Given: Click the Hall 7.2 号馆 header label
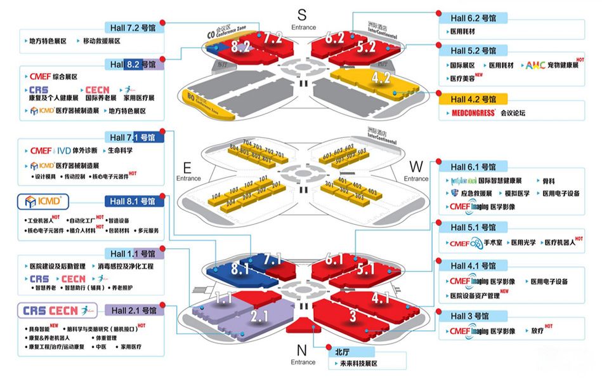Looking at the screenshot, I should click(133, 28).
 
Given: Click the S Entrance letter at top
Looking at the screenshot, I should click(302, 15).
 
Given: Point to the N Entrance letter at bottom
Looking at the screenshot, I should click(302, 350).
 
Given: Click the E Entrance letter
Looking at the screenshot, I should click(187, 168).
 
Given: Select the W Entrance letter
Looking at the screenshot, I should click(416, 166).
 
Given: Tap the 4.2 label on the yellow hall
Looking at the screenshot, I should click(381, 78).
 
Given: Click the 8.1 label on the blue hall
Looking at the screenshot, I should click(240, 269).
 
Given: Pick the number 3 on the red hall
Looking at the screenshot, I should click(353, 316).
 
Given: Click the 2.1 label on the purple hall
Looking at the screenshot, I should click(261, 316).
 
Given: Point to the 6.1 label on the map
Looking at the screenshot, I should click(334, 258).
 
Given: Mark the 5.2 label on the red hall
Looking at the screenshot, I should click(366, 46).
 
